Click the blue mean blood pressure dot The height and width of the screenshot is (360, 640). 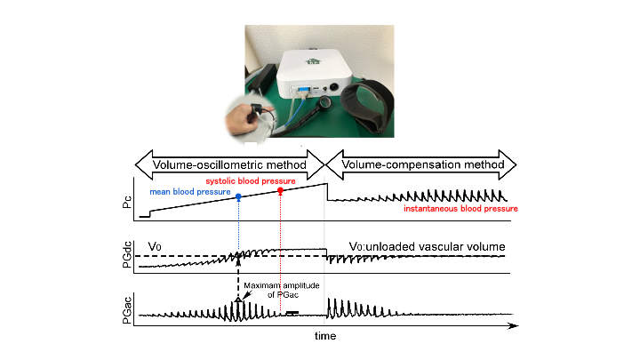coord(238,196)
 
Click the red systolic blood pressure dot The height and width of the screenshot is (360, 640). coord(280,190)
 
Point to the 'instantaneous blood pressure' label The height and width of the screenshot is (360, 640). coord(460,209)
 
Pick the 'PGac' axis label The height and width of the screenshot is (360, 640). coord(126,308)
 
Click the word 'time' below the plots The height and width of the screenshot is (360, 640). coord(325,339)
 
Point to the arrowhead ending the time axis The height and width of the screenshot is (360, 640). coord(514,326)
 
